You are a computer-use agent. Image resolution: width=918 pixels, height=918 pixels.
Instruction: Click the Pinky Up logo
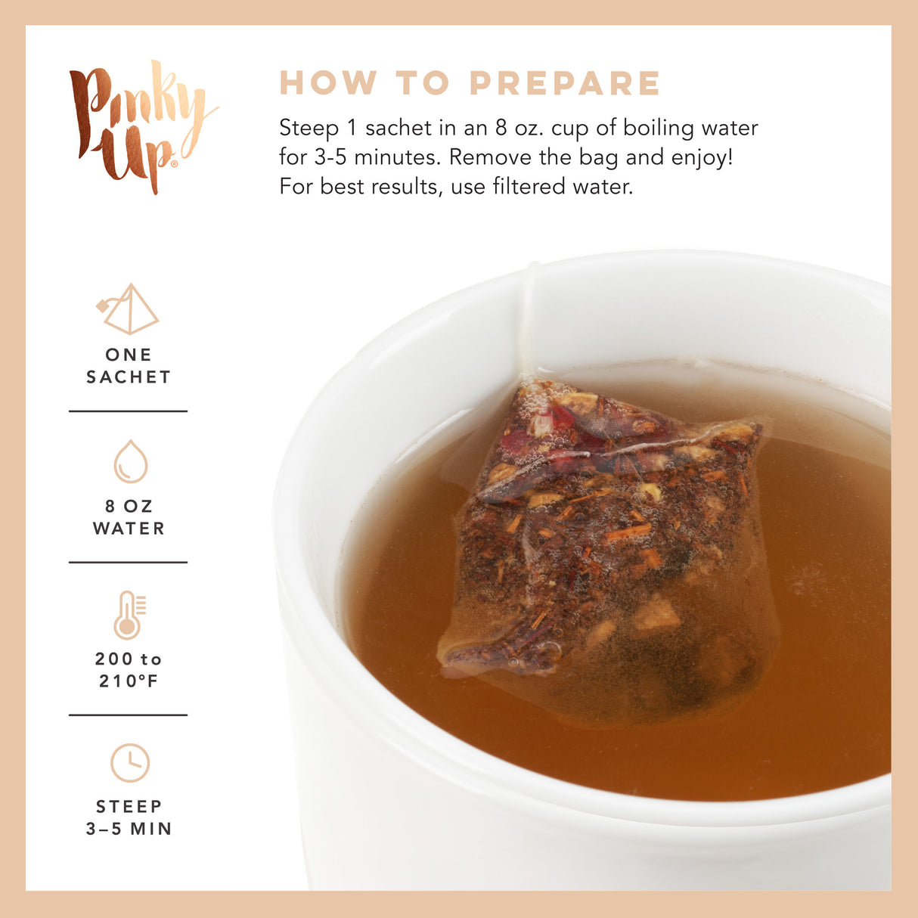[140, 125]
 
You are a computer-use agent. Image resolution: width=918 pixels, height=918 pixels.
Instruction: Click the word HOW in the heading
[328, 83]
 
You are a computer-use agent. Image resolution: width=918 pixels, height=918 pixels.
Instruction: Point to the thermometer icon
[129, 614]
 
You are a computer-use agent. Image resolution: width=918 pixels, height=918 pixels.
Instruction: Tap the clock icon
[130, 763]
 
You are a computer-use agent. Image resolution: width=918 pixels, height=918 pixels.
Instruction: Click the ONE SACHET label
[129, 365]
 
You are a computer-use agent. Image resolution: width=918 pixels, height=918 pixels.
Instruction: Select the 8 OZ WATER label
[129, 517]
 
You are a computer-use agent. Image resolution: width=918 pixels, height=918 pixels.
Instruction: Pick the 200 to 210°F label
[129, 670]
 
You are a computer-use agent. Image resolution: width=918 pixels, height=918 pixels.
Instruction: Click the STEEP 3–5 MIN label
[129, 817]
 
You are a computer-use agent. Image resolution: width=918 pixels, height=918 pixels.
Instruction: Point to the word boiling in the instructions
[657, 128]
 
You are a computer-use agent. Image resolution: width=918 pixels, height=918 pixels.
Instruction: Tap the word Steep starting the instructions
[309, 128]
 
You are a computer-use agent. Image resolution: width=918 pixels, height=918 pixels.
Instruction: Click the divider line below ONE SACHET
[129, 411]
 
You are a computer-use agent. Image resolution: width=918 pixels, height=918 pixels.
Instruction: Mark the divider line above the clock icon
[129, 715]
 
